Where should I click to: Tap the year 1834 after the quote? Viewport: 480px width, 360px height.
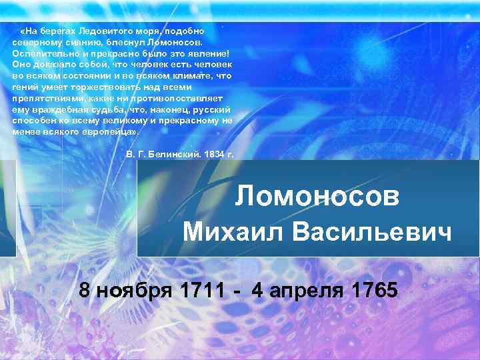(x=215, y=154)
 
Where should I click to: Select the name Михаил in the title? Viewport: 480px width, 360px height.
(x=230, y=232)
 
